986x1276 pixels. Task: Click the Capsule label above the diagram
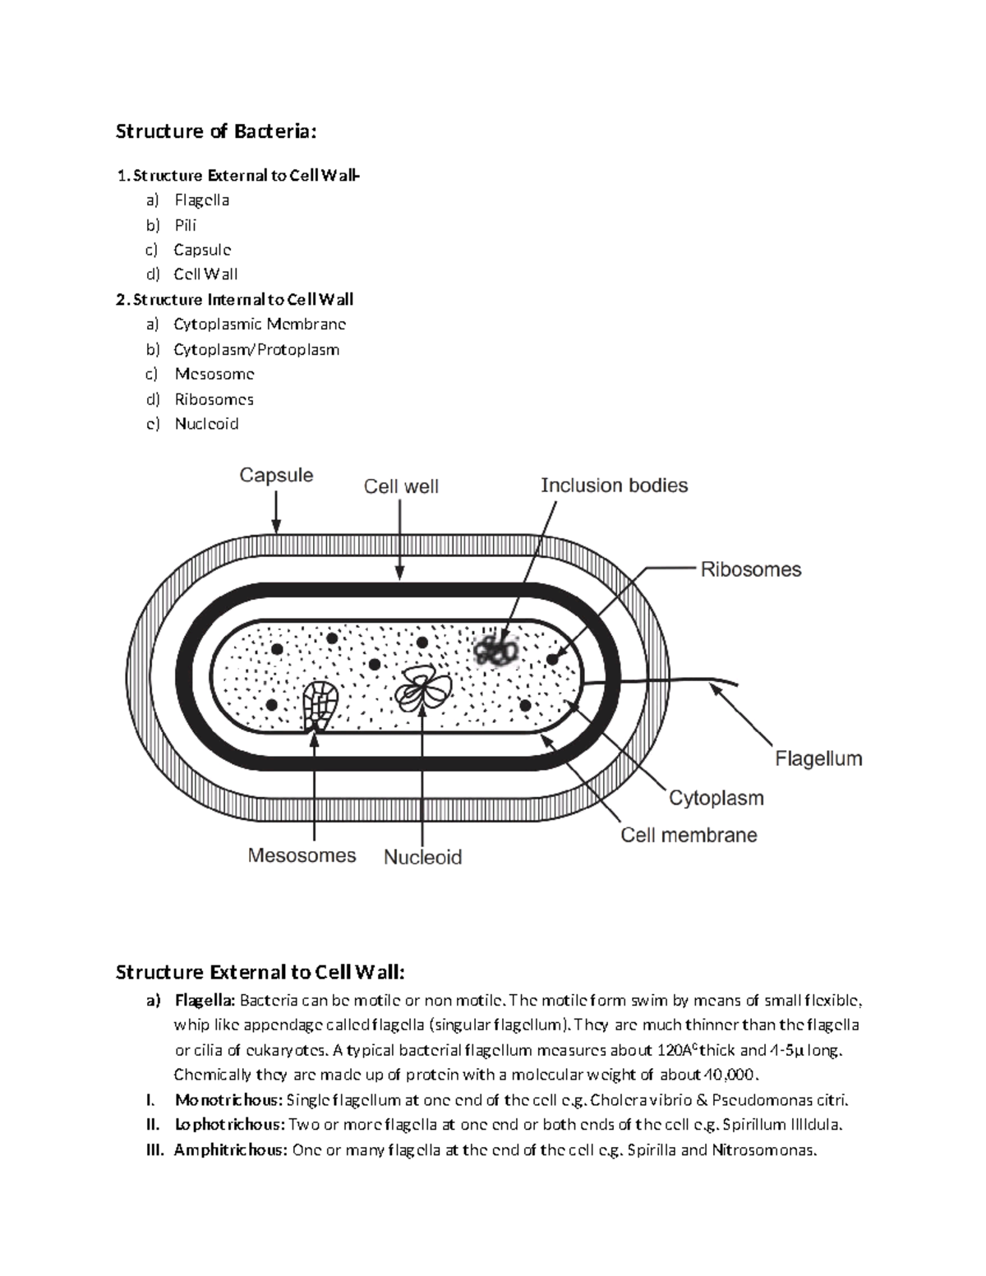coord(276,476)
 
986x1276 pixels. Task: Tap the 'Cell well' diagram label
coord(401,486)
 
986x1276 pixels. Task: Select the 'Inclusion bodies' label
coord(614,486)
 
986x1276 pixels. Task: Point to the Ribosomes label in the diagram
coord(750,569)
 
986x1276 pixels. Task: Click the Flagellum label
coord(818,758)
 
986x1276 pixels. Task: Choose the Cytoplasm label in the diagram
coord(716,798)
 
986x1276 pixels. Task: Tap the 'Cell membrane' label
coord(689,836)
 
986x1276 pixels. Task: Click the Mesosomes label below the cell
coord(302,855)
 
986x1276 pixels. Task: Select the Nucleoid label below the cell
coord(422,857)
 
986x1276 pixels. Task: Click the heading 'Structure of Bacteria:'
coord(215,131)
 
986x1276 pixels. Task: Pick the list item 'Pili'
coord(185,225)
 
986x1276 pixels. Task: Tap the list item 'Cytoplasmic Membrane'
coord(260,325)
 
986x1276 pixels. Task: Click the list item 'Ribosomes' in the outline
coord(214,399)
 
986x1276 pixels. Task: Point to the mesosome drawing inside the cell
coord(319,704)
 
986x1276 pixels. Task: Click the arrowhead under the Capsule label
coord(277,527)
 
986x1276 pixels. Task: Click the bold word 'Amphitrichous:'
coord(230,1149)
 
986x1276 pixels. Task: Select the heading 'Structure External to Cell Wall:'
coord(260,973)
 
